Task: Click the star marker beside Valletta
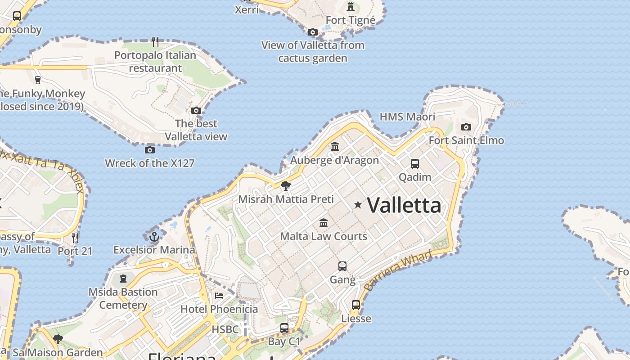pos(358,205)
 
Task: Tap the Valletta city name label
pos(404,205)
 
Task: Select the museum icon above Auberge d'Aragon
pos(335,146)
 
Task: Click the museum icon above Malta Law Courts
pos(324,223)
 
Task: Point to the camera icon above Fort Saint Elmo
pos(466,127)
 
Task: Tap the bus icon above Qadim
pos(415,164)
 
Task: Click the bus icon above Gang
pos(342,266)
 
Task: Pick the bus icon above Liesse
pos(356,305)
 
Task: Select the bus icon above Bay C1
pos(284,328)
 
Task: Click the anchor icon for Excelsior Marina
pos(154,236)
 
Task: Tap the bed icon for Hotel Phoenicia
pos(219,295)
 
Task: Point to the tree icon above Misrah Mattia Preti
pos(285,185)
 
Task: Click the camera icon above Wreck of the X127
pos(150,150)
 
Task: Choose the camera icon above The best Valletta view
pos(196,110)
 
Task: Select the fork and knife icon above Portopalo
pos(155,42)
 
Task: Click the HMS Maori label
pos(407,117)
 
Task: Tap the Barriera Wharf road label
pos(398,270)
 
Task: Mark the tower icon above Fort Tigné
pos(351,7)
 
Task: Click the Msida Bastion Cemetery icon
pos(123,279)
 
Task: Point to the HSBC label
pos(225,329)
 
